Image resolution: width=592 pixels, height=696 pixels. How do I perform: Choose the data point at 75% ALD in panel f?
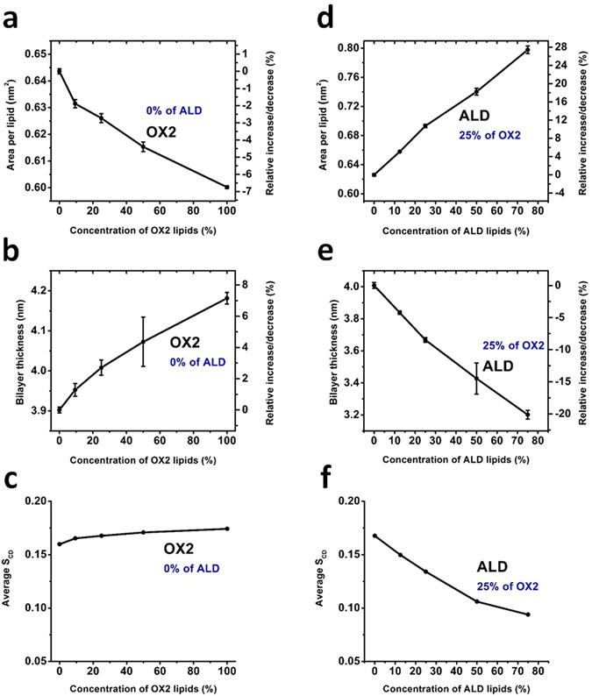click(x=528, y=614)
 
